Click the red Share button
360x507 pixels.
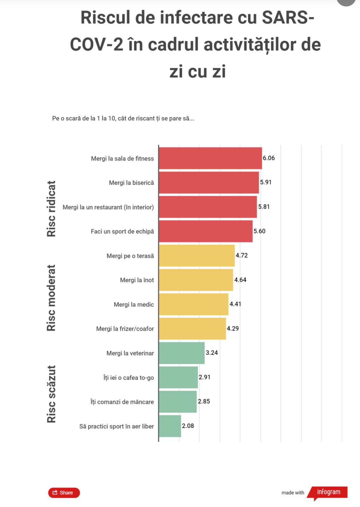pos(64,492)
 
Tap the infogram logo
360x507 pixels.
pos(328,492)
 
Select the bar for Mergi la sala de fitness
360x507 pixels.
pos(210,158)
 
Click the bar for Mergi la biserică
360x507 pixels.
pos(209,183)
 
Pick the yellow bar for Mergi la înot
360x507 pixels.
pos(196,280)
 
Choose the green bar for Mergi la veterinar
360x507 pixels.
pos(181,353)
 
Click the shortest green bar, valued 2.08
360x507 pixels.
pos(170,426)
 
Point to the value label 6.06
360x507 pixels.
pos(268,158)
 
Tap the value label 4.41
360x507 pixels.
pos(235,304)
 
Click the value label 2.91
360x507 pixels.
pos(205,377)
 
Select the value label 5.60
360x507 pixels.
pos(259,231)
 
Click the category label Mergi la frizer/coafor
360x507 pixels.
pos(125,329)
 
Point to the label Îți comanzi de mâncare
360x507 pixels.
pos(122,402)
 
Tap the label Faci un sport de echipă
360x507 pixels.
pos(122,232)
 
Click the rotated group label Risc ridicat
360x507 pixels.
pos(51,209)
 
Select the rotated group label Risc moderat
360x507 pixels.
pos(51,298)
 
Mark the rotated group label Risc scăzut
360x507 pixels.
pos(51,394)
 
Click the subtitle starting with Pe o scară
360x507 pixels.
pos(123,119)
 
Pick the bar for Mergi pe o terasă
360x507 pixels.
pos(197,255)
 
